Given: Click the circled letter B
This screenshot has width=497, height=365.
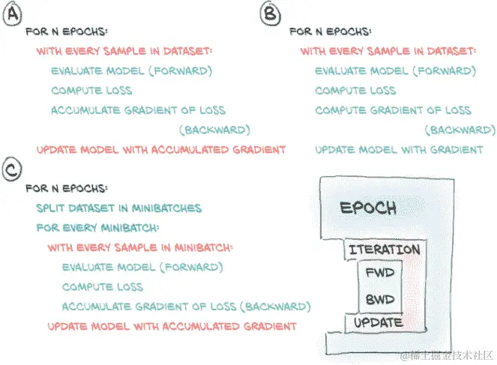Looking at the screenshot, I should tap(269, 13).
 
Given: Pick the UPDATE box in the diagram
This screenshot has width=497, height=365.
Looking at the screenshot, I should tap(378, 323).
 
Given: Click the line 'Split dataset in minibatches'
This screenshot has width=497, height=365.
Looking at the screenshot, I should tap(118, 208).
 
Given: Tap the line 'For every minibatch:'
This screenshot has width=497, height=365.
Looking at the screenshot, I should tap(95, 227).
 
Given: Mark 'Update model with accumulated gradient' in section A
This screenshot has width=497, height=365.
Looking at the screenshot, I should tap(161, 149).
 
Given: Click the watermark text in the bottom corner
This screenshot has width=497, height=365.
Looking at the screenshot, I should tap(445, 355).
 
